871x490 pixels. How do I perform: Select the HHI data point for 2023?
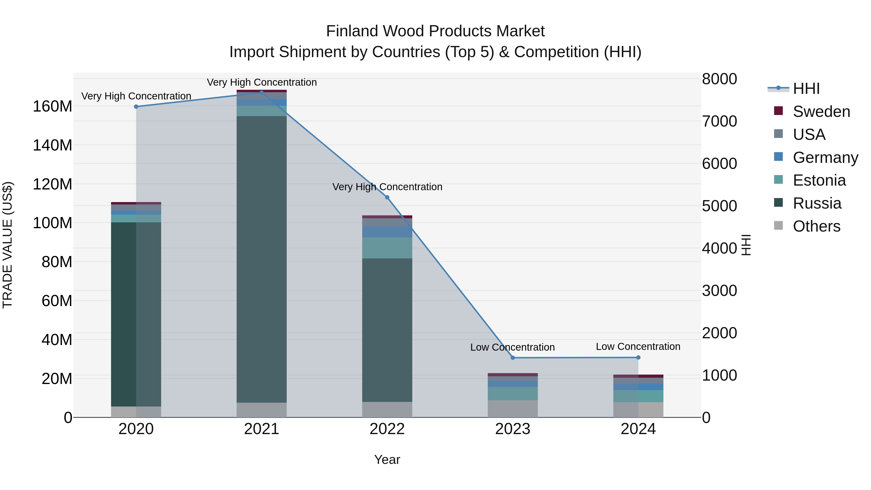coord(513,358)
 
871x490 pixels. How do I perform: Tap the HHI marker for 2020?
coord(136,106)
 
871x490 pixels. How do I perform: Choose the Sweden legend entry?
coord(821,112)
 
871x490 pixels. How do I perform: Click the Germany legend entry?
coord(825,158)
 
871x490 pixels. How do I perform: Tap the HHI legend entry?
coord(806,89)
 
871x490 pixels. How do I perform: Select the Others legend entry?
coord(816,226)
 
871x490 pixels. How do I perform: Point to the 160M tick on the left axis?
coord(53,106)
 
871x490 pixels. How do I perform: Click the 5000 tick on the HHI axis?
coord(719,206)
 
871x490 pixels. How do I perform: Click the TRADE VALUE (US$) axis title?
coord(8,245)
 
